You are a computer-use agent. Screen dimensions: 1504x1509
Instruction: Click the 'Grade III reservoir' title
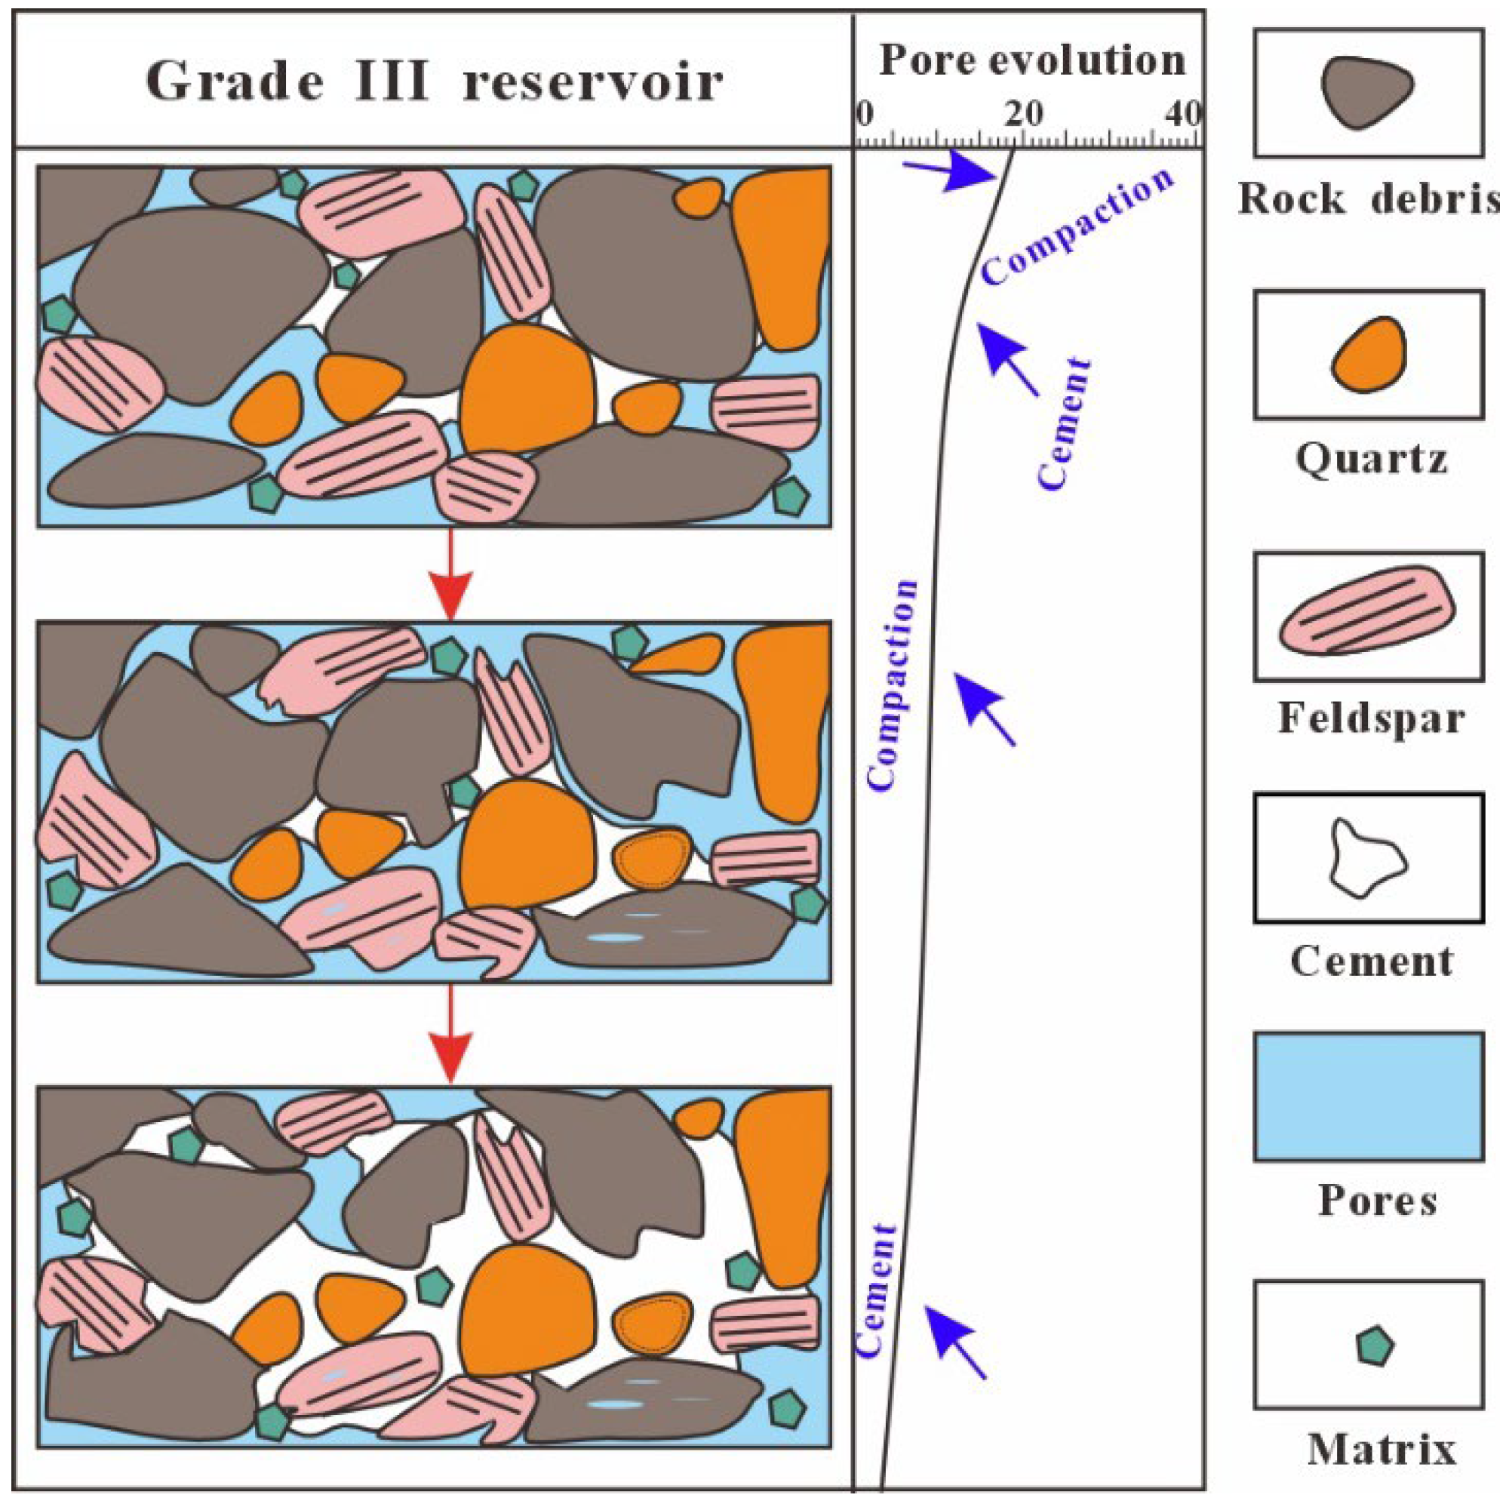tap(435, 82)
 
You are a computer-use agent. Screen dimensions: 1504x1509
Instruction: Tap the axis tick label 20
tap(1023, 115)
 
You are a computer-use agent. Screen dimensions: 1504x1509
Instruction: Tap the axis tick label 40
tap(1184, 115)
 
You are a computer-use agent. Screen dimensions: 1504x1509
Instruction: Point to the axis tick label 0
tap(864, 115)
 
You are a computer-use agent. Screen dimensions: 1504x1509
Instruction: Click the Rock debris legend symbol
tap(1367, 92)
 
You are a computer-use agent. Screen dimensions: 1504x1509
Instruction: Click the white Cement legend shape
tap(1367, 858)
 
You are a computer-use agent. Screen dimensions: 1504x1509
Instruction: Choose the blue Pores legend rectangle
tap(1369, 1096)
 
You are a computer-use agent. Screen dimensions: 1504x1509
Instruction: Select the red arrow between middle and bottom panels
tap(450, 1035)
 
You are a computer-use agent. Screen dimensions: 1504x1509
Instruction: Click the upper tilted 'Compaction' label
tap(1078, 226)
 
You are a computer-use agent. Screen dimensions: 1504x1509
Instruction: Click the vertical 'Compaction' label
tap(892, 686)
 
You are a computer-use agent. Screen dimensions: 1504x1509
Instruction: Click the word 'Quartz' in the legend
tap(1372, 460)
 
